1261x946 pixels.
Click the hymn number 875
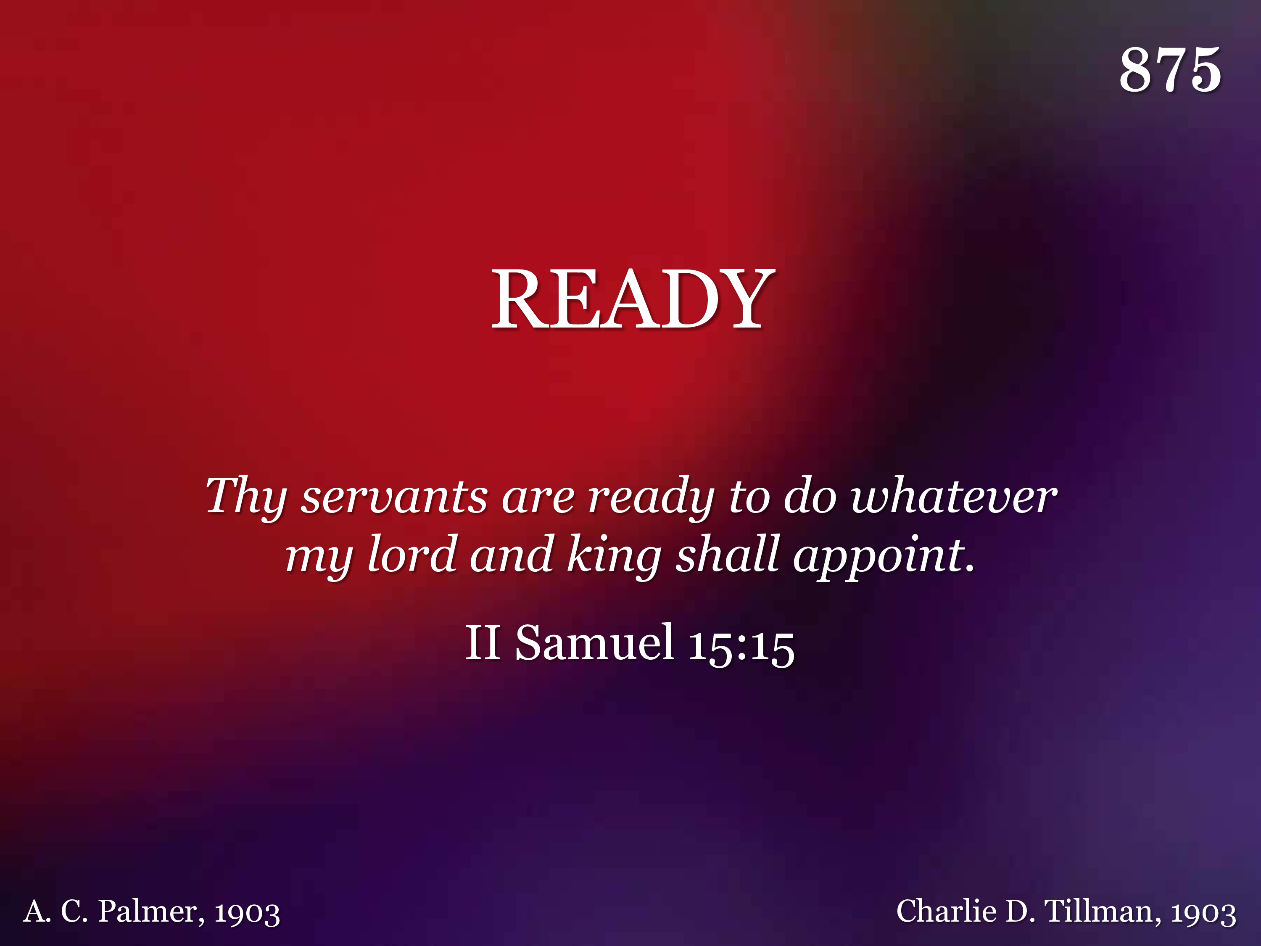1170,69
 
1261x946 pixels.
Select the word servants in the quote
394,496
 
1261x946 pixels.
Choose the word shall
728,553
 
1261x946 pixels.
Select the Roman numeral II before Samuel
483,642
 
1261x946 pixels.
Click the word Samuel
595,642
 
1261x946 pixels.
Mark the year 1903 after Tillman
1203,913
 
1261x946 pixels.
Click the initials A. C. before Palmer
56,911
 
